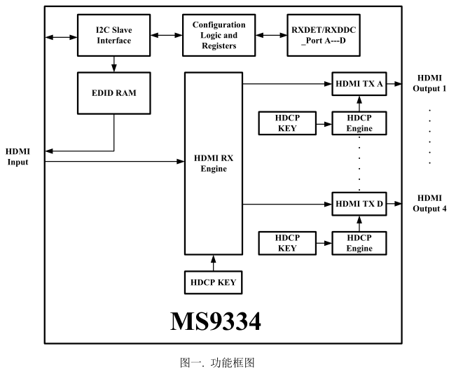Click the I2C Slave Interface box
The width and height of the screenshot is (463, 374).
pos(113,36)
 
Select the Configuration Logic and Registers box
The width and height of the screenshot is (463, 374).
pos(219,36)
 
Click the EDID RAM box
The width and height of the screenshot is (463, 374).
pos(113,92)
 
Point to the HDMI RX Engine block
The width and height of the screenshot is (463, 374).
pos(213,163)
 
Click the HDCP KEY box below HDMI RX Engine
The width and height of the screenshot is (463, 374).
pos(213,283)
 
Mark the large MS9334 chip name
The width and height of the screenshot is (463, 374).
pos(215,320)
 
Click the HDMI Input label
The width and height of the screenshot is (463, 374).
pos(18,157)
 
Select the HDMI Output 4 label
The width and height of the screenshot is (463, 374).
pos(429,203)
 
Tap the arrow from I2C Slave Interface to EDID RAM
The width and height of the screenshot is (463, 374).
pos(113,63)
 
